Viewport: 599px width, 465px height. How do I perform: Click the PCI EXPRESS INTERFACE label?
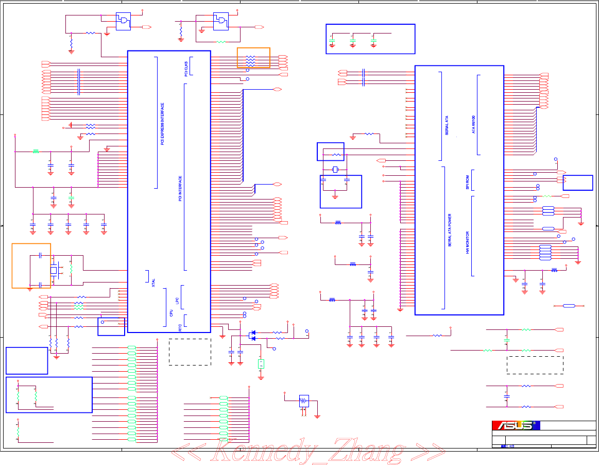point(162,124)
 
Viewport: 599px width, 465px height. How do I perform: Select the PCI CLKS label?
point(186,69)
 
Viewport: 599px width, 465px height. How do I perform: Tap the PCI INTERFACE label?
point(180,188)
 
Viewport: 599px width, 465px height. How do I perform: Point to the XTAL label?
point(153,282)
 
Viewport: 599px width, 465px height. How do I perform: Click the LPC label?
point(177,300)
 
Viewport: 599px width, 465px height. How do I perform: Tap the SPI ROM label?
point(467,182)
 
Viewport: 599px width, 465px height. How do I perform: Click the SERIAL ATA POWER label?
point(449,230)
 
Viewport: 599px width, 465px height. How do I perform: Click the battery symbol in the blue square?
point(304,401)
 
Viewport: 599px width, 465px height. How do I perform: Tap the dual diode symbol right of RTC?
point(252,336)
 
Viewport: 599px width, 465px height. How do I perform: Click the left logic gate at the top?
point(123,21)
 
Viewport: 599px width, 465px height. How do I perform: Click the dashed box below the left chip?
point(190,352)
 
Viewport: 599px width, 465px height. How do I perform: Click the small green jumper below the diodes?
point(261,364)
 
